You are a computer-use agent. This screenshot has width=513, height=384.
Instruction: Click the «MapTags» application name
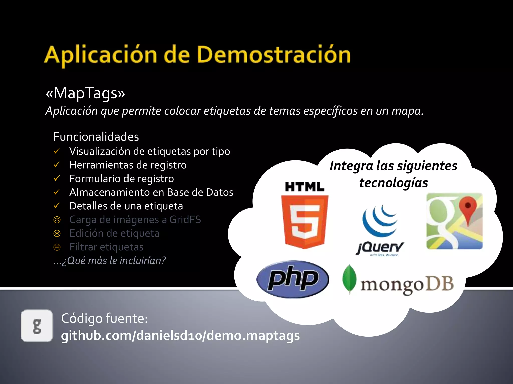click(85, 93)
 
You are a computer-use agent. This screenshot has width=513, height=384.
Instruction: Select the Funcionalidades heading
click(96, 137)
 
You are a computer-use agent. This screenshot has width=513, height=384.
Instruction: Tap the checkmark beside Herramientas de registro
click(57, 165)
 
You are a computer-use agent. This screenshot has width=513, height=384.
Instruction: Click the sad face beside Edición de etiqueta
click(57, 233)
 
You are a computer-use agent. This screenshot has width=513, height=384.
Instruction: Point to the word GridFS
click(185, 220)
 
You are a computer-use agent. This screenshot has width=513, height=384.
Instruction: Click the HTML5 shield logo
click(305, 221)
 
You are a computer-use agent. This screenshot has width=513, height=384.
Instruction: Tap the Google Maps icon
click(454, 221)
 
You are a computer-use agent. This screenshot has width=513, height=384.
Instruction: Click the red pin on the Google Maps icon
click(467, 207)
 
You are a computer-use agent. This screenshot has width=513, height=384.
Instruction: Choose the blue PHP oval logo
click(293, 279)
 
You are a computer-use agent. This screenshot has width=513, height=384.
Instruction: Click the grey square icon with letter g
click(37, 326)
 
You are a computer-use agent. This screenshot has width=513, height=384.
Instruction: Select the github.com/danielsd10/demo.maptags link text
click(180, 335)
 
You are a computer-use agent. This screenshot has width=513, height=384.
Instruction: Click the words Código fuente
click(104, 318)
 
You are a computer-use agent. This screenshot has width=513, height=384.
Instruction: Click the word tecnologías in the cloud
click(394, 183)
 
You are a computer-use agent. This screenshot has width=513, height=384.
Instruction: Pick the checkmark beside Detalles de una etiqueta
click(57, 206)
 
